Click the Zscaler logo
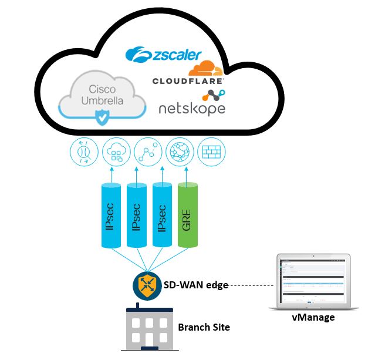[164, 55]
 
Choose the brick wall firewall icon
[210, 152]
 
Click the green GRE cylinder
[188, 216]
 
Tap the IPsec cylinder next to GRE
[163, 216]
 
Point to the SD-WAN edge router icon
[144, 285]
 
